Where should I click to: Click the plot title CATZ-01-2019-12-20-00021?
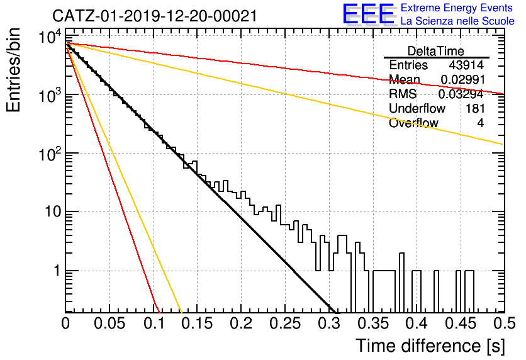point(155,16)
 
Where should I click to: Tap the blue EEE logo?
point(369,14)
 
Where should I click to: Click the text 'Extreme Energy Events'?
point(457,8)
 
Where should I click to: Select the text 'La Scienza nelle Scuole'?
point(457,21)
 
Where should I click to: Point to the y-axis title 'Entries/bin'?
point(14,70)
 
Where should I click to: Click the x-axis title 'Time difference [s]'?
point(430,346)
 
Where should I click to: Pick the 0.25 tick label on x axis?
point(285,323)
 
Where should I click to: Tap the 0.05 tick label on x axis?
point(109,323)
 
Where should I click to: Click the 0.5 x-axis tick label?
point(505,323)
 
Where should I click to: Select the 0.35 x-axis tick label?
point(372,323)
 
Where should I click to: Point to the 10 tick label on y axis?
point(53,211)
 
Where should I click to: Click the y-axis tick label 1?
point(57,271)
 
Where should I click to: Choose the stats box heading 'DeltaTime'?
point(436,51)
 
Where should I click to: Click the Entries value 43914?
point(466,65)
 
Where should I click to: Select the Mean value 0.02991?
point(462,79)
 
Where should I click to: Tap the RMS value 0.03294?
point(461,94)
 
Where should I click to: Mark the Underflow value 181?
point(475,108)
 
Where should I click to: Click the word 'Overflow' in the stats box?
point(413,123)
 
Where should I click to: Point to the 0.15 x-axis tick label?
point(198,323)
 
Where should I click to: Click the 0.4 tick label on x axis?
point(417,323)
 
